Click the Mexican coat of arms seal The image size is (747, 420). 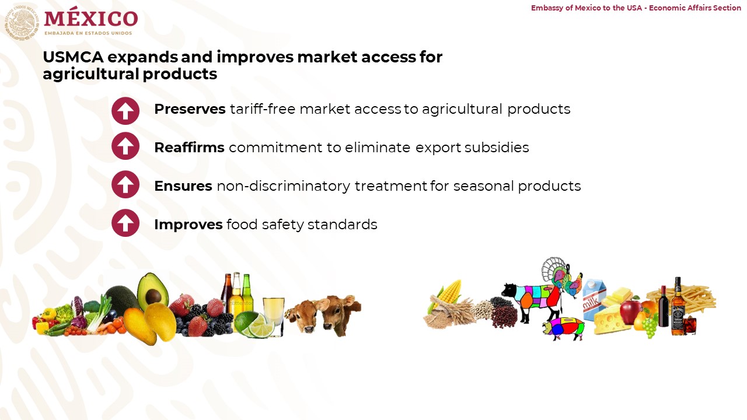click(22, 22)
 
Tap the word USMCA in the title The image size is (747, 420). click(74, 57)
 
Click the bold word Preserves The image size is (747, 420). click(190, 109)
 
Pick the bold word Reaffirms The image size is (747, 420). click(190, 148)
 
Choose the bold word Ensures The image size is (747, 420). click(183, 186)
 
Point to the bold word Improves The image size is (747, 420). click(189, 225)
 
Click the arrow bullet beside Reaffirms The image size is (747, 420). click(125, 146)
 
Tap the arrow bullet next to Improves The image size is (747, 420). click(125, 223)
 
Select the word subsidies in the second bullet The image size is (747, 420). click(497, 148)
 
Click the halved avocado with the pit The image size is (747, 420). click(153, 291)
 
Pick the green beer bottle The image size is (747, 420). click(246, 290)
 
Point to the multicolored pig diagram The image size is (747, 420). click(564, 328)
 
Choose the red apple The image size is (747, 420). click(630, 311)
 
